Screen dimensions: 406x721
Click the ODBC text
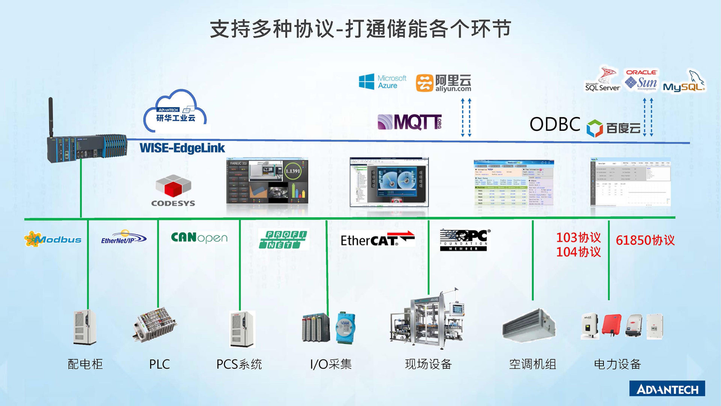point(555,124)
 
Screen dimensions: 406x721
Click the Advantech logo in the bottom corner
point(667,389)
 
